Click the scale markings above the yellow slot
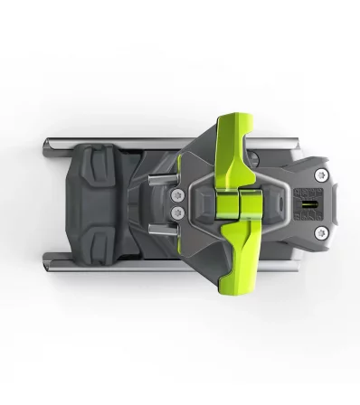[306, 191]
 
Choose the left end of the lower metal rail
[46, 264]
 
